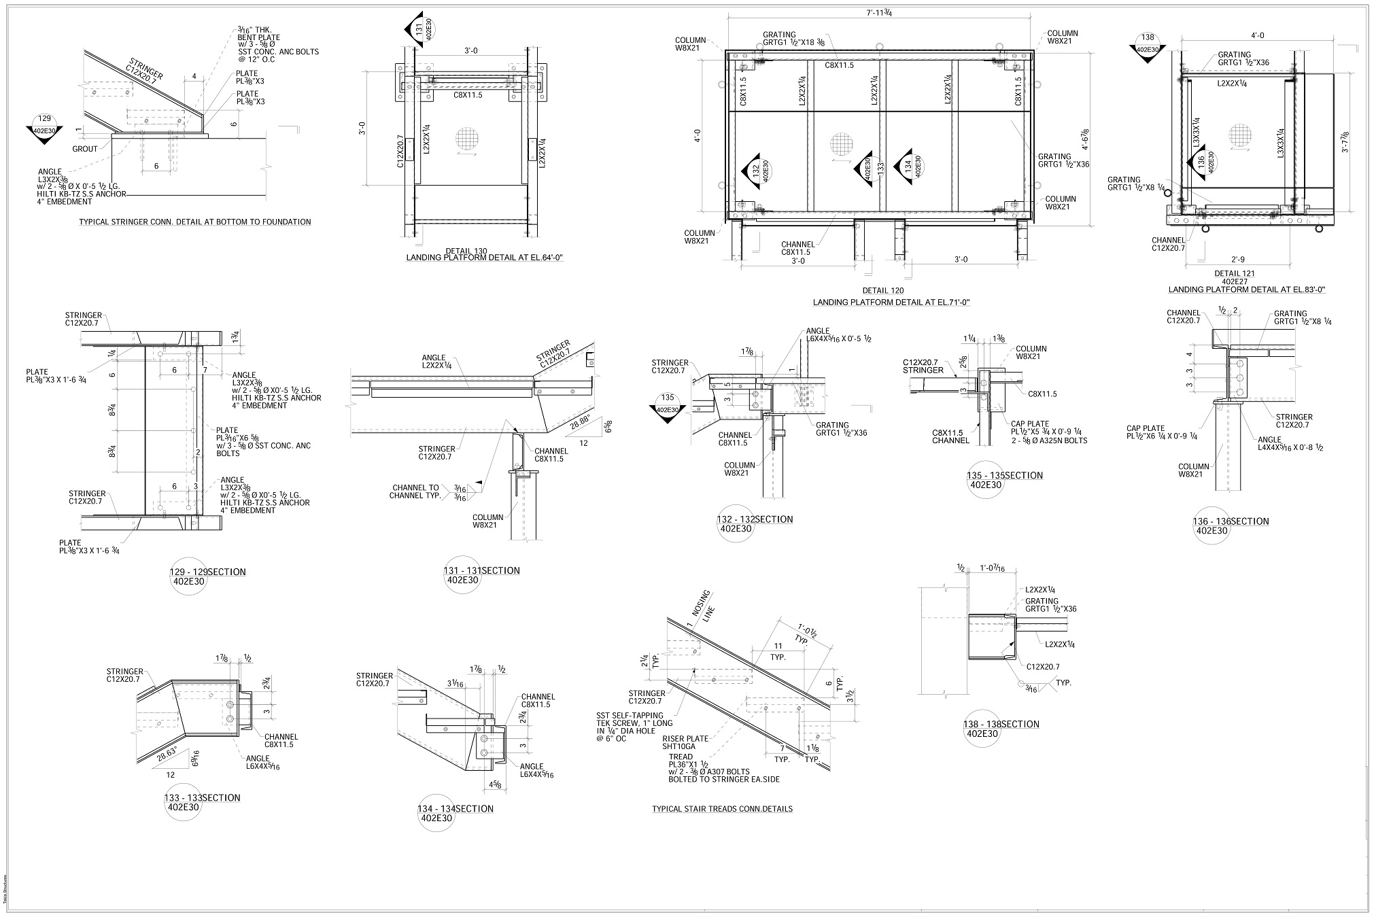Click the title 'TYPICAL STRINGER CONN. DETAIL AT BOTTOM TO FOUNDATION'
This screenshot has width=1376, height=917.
pyautogui.click(x=195, y=222)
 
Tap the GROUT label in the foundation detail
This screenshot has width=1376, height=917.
pyautogui.click(x=85, y=148)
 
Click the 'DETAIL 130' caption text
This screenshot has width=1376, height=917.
pyautogui.click(x=466, y=251)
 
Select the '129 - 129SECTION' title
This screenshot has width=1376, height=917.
pyautogui.click(x=207, y=572)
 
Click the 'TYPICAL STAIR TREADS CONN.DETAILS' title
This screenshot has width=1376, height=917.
pyautogui.click(x=722, y=809)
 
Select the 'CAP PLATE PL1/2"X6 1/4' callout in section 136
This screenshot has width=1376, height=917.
pyautogui.click(x=1162, y=432)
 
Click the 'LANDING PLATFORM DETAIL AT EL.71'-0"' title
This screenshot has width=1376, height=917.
pyautogui.click(x=891, y=302)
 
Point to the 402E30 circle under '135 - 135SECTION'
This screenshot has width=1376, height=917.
pyautogui.click(x=986, y=485)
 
